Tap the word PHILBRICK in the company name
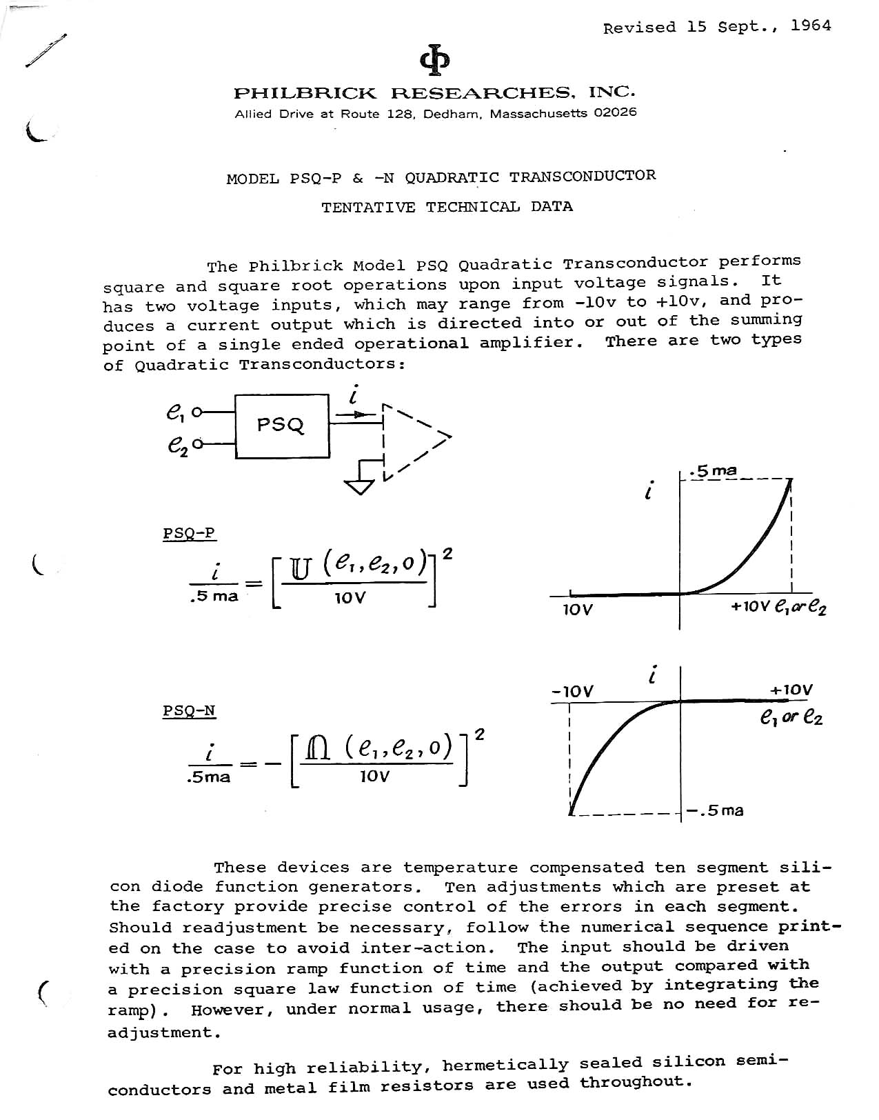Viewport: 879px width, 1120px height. (305, 93)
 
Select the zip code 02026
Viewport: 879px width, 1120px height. (615, 112)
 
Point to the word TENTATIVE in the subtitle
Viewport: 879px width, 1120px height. (368, 207)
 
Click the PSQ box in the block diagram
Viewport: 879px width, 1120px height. (282, 426)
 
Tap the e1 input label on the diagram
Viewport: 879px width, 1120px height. (174, 412)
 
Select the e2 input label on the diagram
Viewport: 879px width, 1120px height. (176, 446)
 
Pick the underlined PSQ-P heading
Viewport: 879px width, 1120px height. (189, 533)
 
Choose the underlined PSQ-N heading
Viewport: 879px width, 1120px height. (189, 710)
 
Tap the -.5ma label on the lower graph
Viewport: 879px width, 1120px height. (716, 810)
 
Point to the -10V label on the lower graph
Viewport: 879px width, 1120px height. (572, 691)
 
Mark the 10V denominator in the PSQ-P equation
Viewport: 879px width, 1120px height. (350, 598)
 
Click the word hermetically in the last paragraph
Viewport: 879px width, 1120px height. (505, 1065)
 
